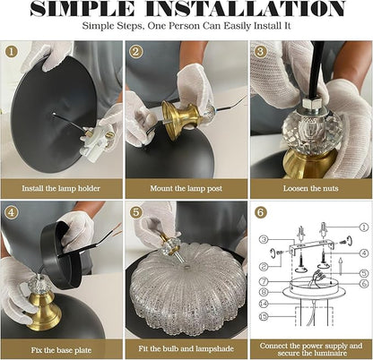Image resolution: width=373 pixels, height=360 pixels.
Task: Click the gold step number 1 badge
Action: [x=12, y=52]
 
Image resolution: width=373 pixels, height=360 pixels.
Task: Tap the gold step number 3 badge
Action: [x=260, y=51]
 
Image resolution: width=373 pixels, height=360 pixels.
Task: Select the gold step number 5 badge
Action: [x=135, y=212]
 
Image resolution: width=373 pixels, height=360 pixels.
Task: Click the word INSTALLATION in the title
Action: [x=246, y=9]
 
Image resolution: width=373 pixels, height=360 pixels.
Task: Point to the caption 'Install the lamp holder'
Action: [x=61, y=188]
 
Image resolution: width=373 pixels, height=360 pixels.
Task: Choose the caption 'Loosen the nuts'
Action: [x=311, y=188]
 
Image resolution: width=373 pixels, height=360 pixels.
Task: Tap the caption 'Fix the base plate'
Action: [x=61, y=350]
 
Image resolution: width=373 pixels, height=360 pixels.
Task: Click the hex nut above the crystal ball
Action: [x=311, y=104]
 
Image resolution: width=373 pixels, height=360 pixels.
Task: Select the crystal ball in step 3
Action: [x=312, y=132]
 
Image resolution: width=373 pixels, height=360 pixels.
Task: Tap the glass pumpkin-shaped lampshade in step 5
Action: [x=186, y=289]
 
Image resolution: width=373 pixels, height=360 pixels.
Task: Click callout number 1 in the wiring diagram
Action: [x=363, y=227]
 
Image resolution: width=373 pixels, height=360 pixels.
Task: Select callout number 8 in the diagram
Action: [x=264, y=292]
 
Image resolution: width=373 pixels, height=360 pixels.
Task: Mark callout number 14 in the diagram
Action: [x=264, y=304]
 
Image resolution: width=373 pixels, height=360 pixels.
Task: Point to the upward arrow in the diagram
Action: [x=341, y=267]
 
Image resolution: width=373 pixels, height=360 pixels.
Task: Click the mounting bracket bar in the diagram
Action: [x=312, y=246]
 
